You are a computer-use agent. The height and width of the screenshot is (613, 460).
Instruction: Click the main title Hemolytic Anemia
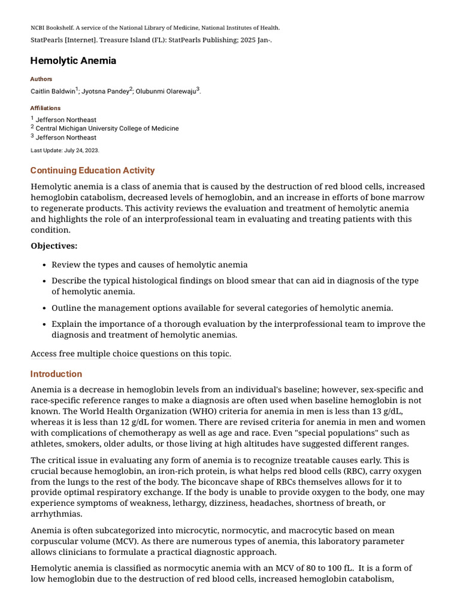[73, 60]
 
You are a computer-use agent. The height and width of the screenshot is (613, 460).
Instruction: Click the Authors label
[41, 79]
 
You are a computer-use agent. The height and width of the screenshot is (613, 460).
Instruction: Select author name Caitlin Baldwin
[53, 92]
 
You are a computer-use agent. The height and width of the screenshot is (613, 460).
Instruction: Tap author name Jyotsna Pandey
[105, 92]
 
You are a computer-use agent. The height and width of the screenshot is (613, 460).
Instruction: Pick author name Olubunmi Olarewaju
[166, 92]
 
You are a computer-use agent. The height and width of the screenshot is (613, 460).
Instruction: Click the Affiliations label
[46, 108]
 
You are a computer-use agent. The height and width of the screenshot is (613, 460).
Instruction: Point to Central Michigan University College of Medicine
[107, 129]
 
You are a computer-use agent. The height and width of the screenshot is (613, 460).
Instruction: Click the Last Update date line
[65, 150]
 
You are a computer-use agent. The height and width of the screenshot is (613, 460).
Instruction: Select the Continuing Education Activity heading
[92, 171]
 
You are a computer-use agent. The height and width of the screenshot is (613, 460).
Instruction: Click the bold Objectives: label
[54, 246]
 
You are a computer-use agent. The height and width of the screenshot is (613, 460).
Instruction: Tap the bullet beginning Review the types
[149, 265]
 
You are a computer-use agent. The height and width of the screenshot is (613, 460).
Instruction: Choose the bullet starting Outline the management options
[222, 308]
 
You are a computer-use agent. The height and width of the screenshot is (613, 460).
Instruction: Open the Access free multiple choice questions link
[131, 354]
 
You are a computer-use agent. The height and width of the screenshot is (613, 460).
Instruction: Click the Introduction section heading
[56, 374]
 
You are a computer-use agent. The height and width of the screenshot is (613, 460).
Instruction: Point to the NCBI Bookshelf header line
[155, 28]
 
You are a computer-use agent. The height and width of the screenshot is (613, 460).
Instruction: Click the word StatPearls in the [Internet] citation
[46, 40]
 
